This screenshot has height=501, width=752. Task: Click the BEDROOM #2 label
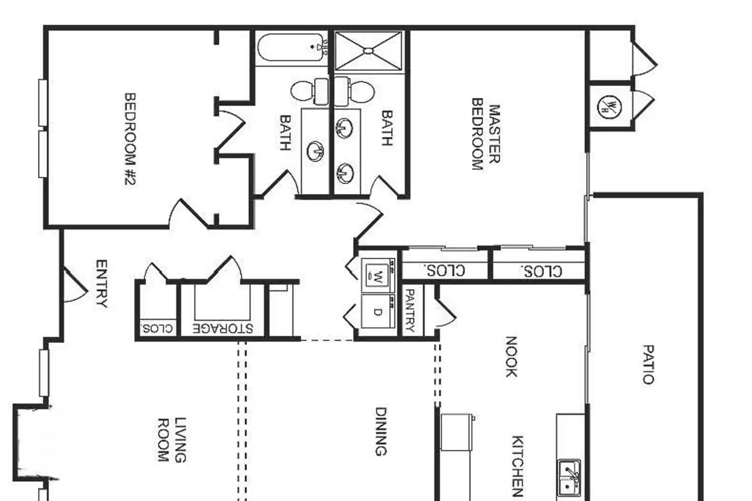pos(130,139)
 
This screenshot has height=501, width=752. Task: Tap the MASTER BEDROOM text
pos(486,134)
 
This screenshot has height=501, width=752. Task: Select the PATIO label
pos(648,364)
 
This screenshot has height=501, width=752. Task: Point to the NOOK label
pos(511,357)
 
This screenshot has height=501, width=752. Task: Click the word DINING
pos(381,431)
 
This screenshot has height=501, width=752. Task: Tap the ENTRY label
pos(101,284)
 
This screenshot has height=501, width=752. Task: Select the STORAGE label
pos(223,328)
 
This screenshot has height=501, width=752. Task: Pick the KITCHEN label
pos(517,466)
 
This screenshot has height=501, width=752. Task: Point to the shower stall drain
pos(368,51)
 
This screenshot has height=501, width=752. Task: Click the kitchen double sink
pos(569,477)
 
